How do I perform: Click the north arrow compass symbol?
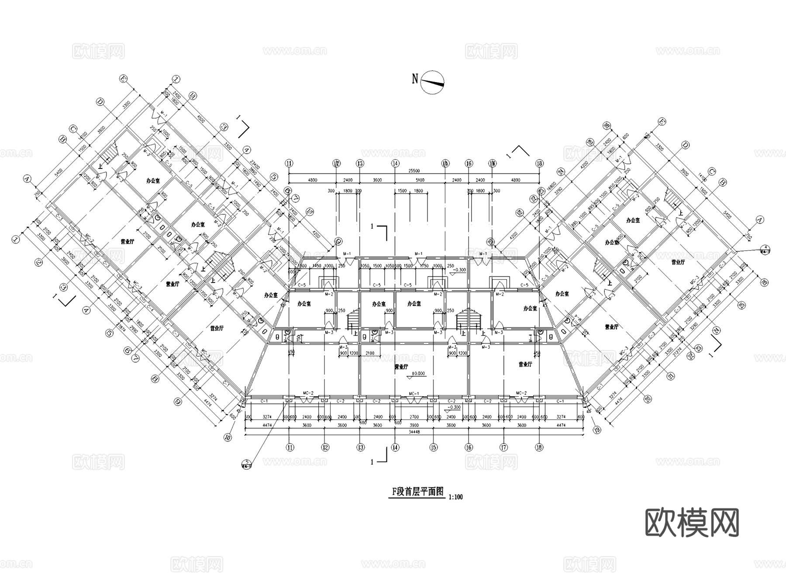[432, 82]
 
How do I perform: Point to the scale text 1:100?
[455, 497]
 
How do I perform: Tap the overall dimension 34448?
[414, 432]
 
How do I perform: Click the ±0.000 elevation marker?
[418, 374]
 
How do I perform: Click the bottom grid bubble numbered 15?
[433, 447]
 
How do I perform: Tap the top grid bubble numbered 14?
[395, 163]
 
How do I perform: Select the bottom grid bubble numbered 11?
[289, 447]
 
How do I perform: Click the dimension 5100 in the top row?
[420, 180]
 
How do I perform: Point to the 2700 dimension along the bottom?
[414, 417]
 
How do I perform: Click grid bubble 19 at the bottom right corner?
[597, 430]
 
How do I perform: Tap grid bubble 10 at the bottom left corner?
[227, 437]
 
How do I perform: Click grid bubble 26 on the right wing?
[606, 126]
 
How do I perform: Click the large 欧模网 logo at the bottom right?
[692, 522]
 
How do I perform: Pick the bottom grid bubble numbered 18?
[539, 447]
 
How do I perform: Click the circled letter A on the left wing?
[28, 179]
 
